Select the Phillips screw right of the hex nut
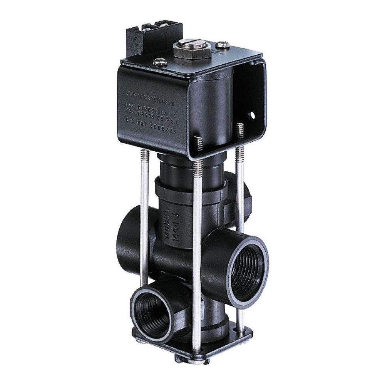coord(223,45)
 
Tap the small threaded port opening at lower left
coord(153,314)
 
